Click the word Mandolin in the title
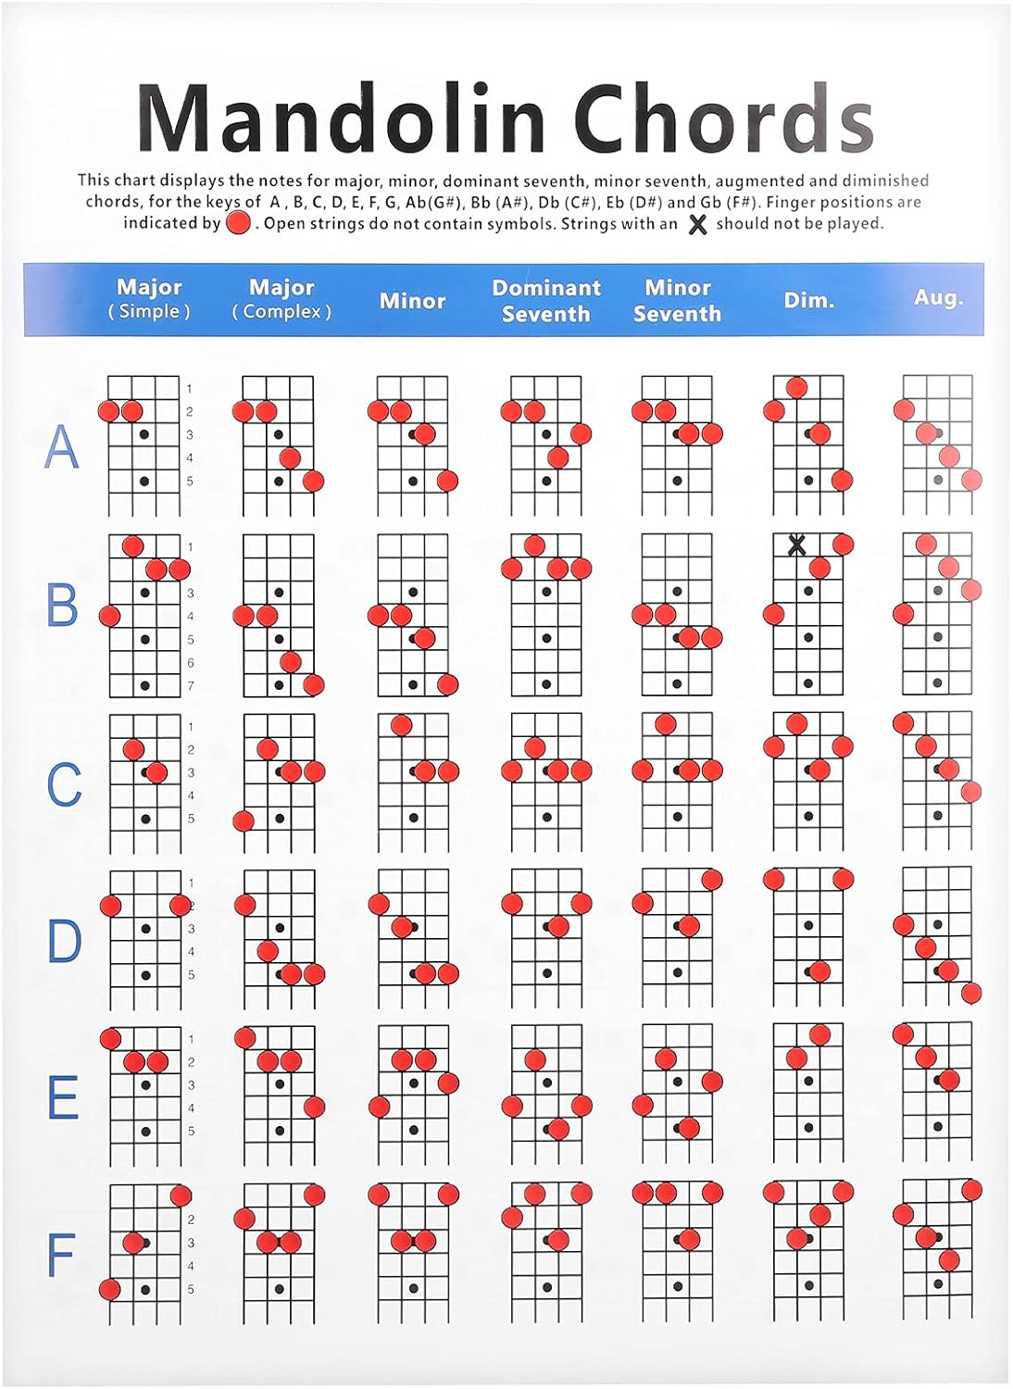(x=341, y=119)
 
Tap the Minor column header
(x=412, y=301)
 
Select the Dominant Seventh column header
(x=546, y=301)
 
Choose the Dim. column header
(x=809, y=300)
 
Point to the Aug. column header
(x=938, y=297)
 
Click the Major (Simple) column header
(x=149, y=299)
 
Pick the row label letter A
(x=61, y=446)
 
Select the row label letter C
(x=63, y=784)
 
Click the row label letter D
(x=64, y=941)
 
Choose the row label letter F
(x=60, y=1256)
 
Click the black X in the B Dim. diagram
(x=795, y=545)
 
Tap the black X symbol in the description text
(x=697, y=224)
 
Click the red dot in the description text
(x=238, y=223)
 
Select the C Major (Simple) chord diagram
(x=144, y=782)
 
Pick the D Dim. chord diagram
(x=808, y=937)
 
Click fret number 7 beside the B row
(x=191, y=686)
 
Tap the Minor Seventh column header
(x=677, y=301)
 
